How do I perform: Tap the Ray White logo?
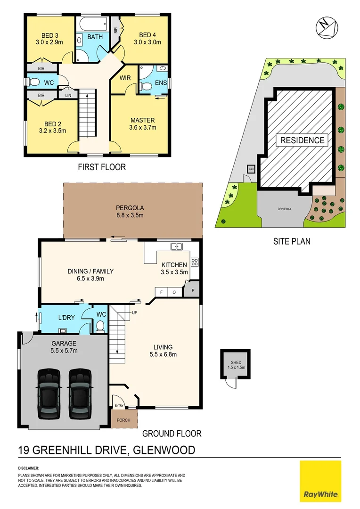[x=320, y=481]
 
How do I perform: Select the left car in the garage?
[x=49, y=394]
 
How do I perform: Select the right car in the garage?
[x=79, y=394]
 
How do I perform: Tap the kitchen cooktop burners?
[x=194, y=262]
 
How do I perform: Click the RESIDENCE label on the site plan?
[x=303, y=140]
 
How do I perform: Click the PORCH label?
[x=124, y=420]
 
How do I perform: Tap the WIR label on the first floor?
[x=125, y=77]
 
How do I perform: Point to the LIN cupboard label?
[x=68, y=95]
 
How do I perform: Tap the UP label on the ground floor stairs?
[x=134, y=312]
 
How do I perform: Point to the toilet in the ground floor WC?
[x=100, y=326]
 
